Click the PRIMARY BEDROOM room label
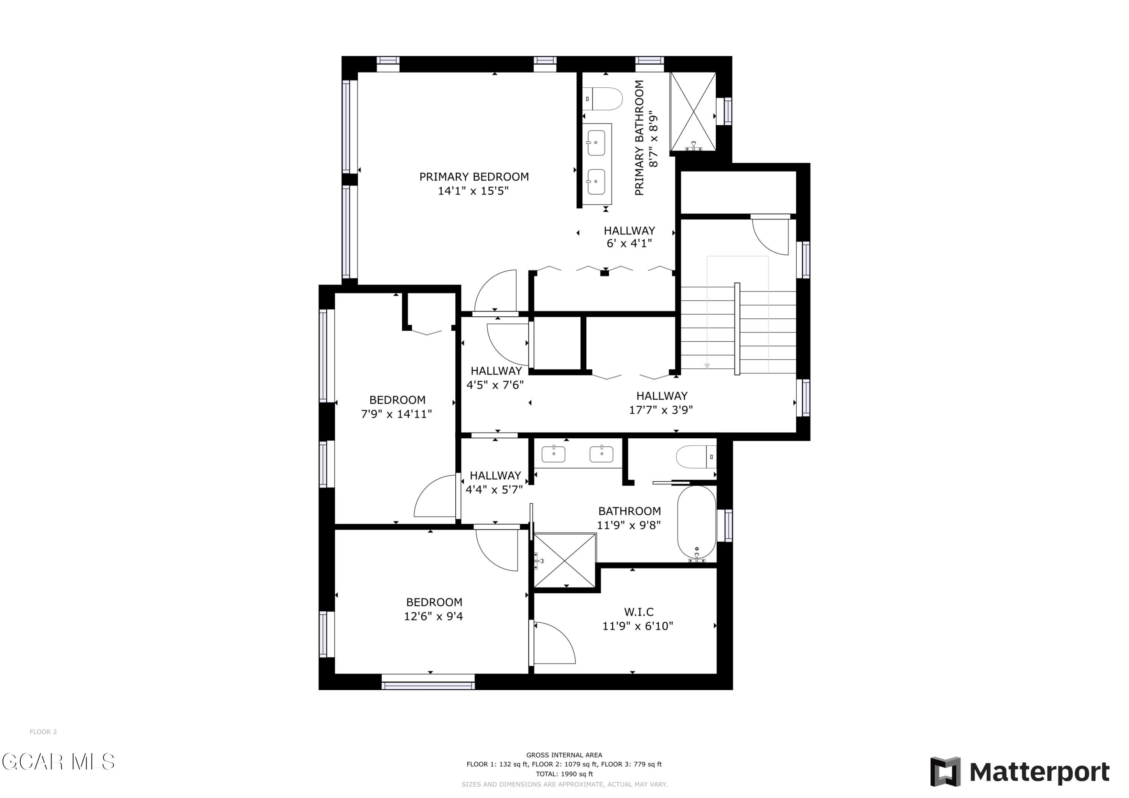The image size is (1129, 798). pos(474,176)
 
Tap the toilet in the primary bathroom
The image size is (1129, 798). pos(603,99)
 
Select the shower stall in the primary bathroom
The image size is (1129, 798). pos(693,111)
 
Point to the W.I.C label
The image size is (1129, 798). pos(639,612)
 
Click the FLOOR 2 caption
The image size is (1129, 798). pos(43,732)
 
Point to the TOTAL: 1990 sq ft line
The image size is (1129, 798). pos(564,774)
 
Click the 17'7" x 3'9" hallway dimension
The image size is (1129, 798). pos(661,410)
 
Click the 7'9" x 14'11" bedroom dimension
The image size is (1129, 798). pos(396,414)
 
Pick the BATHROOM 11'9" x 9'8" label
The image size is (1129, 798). pos(629,518)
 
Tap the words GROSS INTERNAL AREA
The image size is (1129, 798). pos(564,755)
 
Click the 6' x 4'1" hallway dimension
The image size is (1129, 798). pos(629,243)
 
